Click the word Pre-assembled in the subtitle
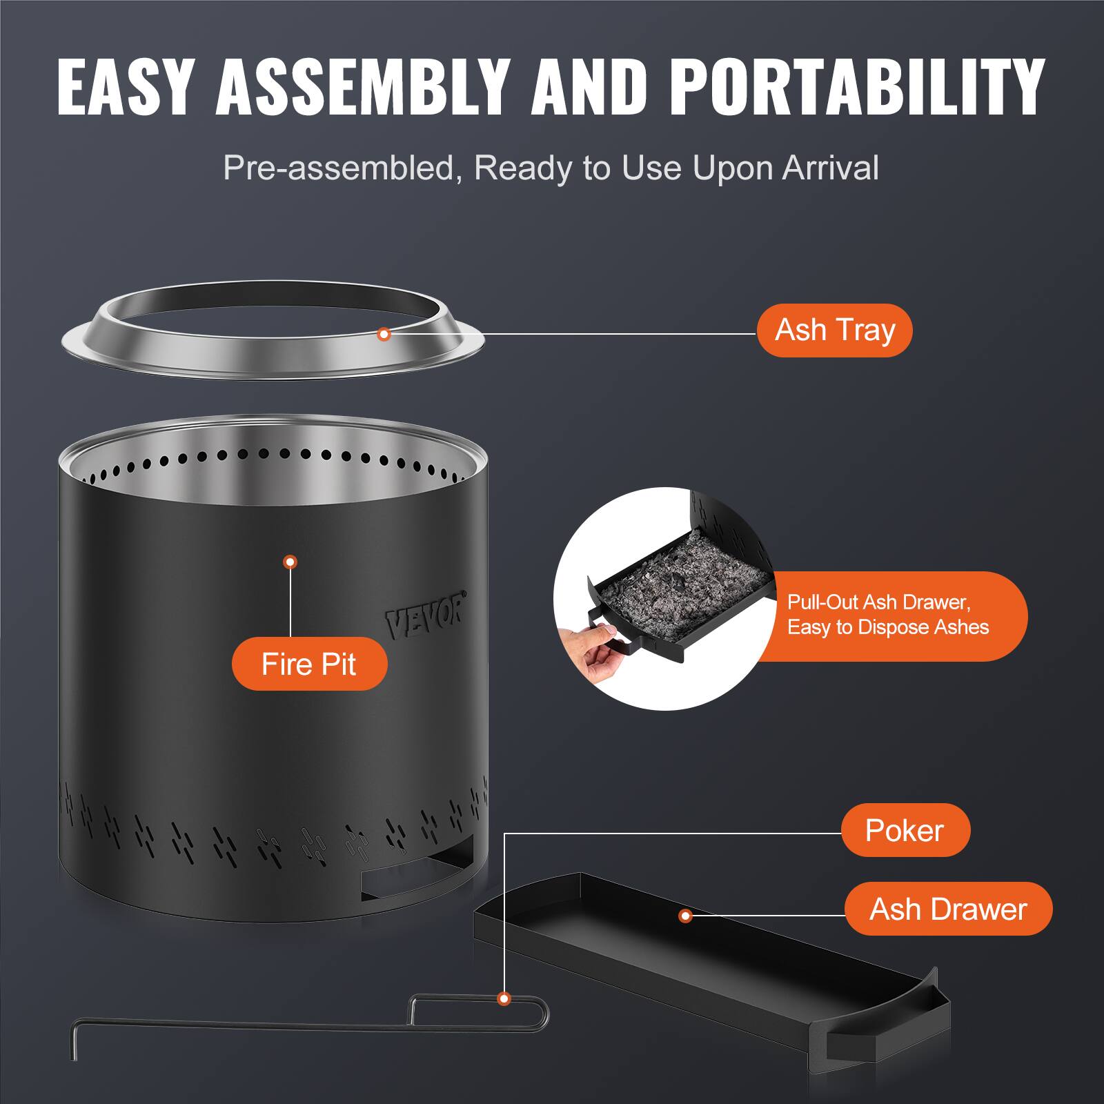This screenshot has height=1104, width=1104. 337,168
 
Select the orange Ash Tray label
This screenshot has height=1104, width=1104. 834,331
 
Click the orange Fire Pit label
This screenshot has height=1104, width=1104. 309,664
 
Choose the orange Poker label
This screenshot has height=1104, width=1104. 905,830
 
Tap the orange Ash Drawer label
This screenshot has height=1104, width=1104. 948,909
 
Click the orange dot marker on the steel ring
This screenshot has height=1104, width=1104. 385,335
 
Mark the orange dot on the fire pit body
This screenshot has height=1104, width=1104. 290,562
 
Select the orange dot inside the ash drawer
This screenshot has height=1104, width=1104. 685,916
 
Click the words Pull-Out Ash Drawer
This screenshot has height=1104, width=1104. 878,602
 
